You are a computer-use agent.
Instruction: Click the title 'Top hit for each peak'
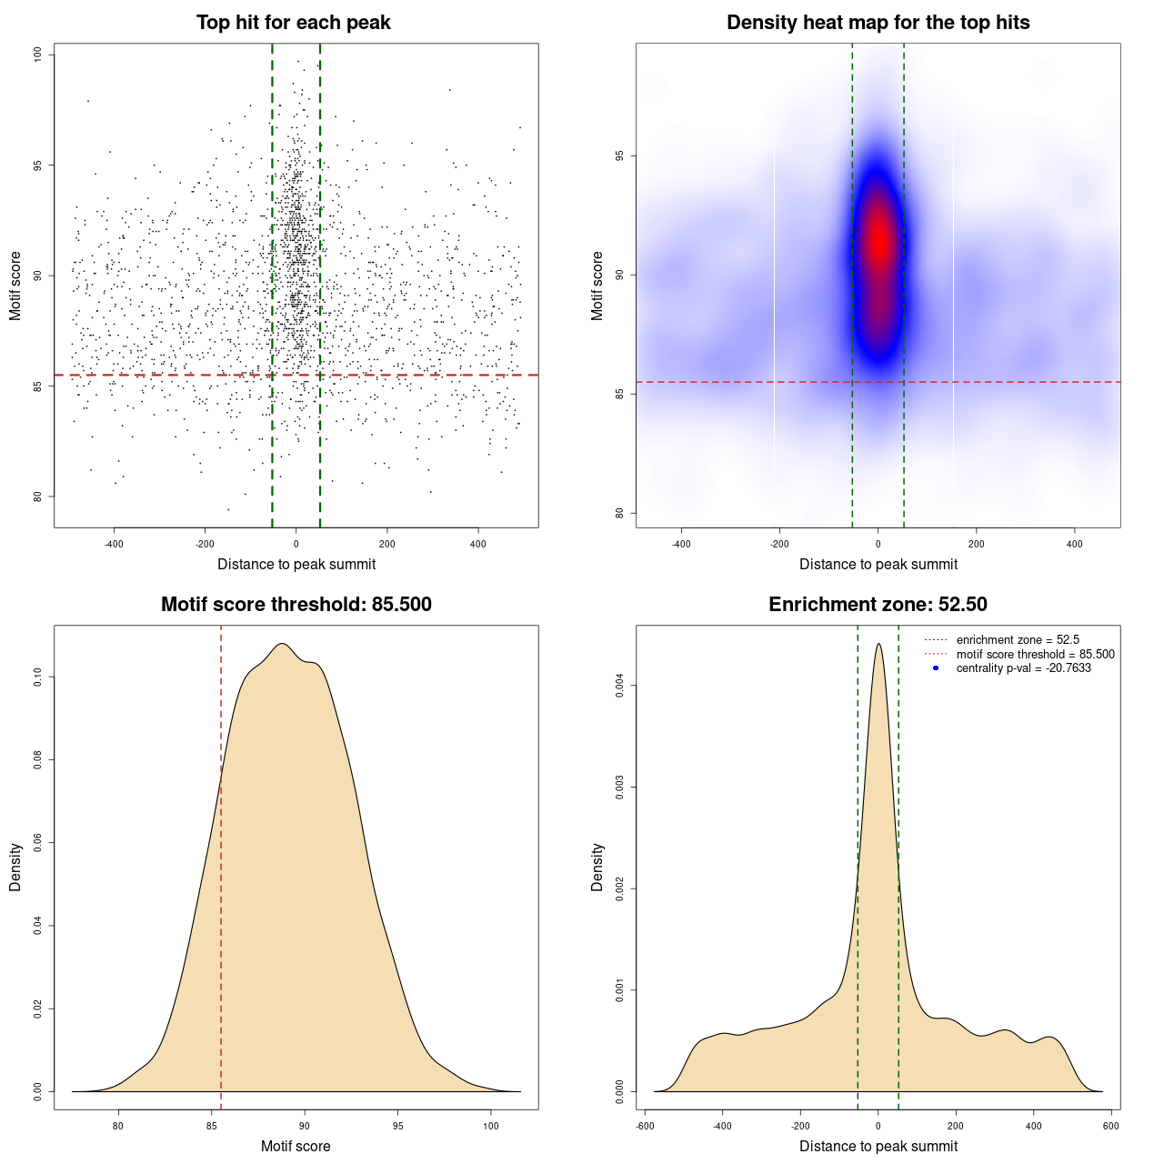pyautogui.click(x=294, y=23)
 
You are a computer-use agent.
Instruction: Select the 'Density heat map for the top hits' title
pyautogui.click(x=878, y=23)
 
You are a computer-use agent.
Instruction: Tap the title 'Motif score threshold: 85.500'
pyautogui.click(x=296, y=605)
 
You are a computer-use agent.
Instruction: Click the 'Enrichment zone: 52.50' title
pyautogui.click(x=878, y=605)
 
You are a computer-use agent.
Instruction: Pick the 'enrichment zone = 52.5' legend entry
pyautogui.click(x=1018, y=640)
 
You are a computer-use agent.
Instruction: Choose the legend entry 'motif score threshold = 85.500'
pyautogui.click(x=1035, y=654)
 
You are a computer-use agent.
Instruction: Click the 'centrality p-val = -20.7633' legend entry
pyautogui.click(x=1023, y=668)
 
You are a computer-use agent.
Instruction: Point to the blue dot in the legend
pyautogui.click(x=936, y=668)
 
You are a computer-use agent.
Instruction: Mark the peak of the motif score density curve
pyautogui.click(x=282, y=644)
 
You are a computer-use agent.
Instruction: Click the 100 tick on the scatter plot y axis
pyautogui.click(x=38, y=55)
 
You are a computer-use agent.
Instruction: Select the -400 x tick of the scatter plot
pyautogui.click(x=114, y=544)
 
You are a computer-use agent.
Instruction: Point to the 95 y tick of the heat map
pyautogui.click(x=620, y=156)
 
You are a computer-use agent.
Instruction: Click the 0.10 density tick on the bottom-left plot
pyautogui.click(x=38, y=677)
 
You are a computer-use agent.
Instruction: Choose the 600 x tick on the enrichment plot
pyautogui.click(x=1110, y=1126)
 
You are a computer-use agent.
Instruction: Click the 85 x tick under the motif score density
pyautogui.click(x=212, y=1126)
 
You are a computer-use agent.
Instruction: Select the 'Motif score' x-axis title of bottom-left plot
pyautogui.click(x=296, y=1146)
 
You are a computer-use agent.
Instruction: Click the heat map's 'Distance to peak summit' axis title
pyautogui.click(x=878, y=564)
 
